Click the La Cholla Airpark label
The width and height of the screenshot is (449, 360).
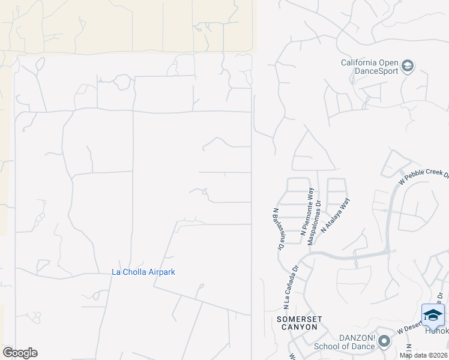[x=143, y=272]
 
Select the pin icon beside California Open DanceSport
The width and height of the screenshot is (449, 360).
[x=408, y=66]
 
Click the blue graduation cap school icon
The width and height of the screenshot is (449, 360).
[x=433, y=315]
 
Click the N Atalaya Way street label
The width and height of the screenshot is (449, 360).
[x=335, y=215]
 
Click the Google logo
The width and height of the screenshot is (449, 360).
[x=20, y=353]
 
